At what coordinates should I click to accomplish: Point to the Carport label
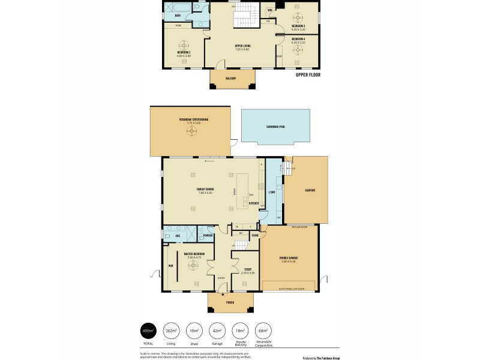tap(310, 190)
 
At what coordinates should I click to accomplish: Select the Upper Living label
tap(241, 46)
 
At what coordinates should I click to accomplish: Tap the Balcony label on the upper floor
tap(231, 79)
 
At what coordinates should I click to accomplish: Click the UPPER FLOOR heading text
tap(308, 76)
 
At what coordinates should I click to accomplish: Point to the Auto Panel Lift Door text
tap(292, 289)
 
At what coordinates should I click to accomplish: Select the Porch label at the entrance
tap(230, 302)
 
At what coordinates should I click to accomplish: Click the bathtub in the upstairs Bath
tap(178, 7)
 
